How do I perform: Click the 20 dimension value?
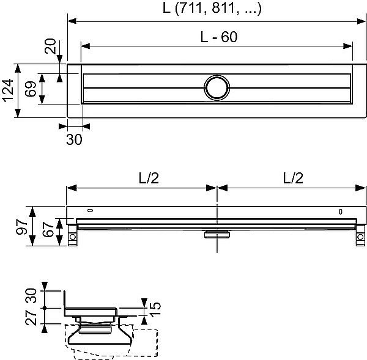coord(51,48)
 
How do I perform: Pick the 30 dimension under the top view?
coord(74,139)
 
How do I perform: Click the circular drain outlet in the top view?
coord(217,88)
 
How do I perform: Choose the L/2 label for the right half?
coord(292,178)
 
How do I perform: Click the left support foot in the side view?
coord(73,237)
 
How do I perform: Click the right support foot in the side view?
coord(360,237)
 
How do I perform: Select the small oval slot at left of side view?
coord(91,211)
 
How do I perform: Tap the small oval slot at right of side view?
coord(341,213)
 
